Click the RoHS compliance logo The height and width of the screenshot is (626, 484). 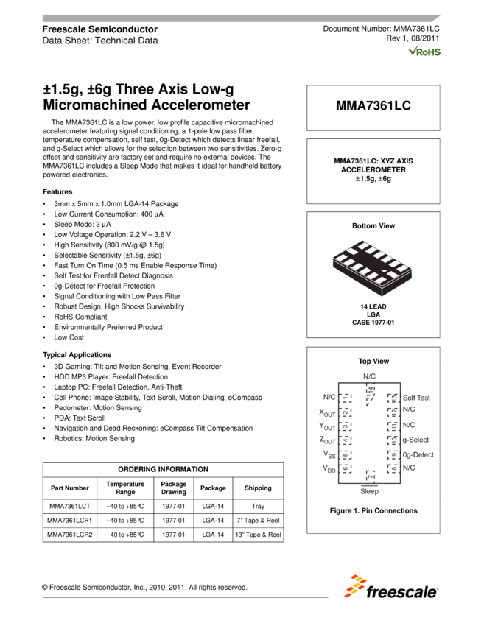pos(424,50)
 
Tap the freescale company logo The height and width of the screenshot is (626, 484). pos(390,586)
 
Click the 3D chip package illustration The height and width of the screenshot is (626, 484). pos(373,267)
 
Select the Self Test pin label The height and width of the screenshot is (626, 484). pos(416,398)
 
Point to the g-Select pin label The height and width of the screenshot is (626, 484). pos(415,440)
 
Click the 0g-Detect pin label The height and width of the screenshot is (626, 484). pos(418,454)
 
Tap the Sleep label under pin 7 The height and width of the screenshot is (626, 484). pos(369,491)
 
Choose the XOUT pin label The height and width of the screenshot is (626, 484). pos(327,412)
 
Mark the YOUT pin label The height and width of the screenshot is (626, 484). pos(327,426)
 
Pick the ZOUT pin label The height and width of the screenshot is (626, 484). pos(327,440)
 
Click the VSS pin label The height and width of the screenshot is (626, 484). pos(328,454)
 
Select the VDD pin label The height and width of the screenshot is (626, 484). pos(328,468)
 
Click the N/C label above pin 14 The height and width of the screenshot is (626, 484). pos(369,376)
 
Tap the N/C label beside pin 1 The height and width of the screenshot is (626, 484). pos(329,398)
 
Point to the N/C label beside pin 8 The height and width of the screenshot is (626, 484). pos(409,468)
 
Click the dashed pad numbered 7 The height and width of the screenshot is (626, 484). pos(371,476)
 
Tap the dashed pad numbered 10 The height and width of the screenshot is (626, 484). pos(393,440)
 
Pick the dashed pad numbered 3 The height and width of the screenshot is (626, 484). pos(344,426)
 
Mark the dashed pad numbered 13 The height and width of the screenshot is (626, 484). pos(394,398)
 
